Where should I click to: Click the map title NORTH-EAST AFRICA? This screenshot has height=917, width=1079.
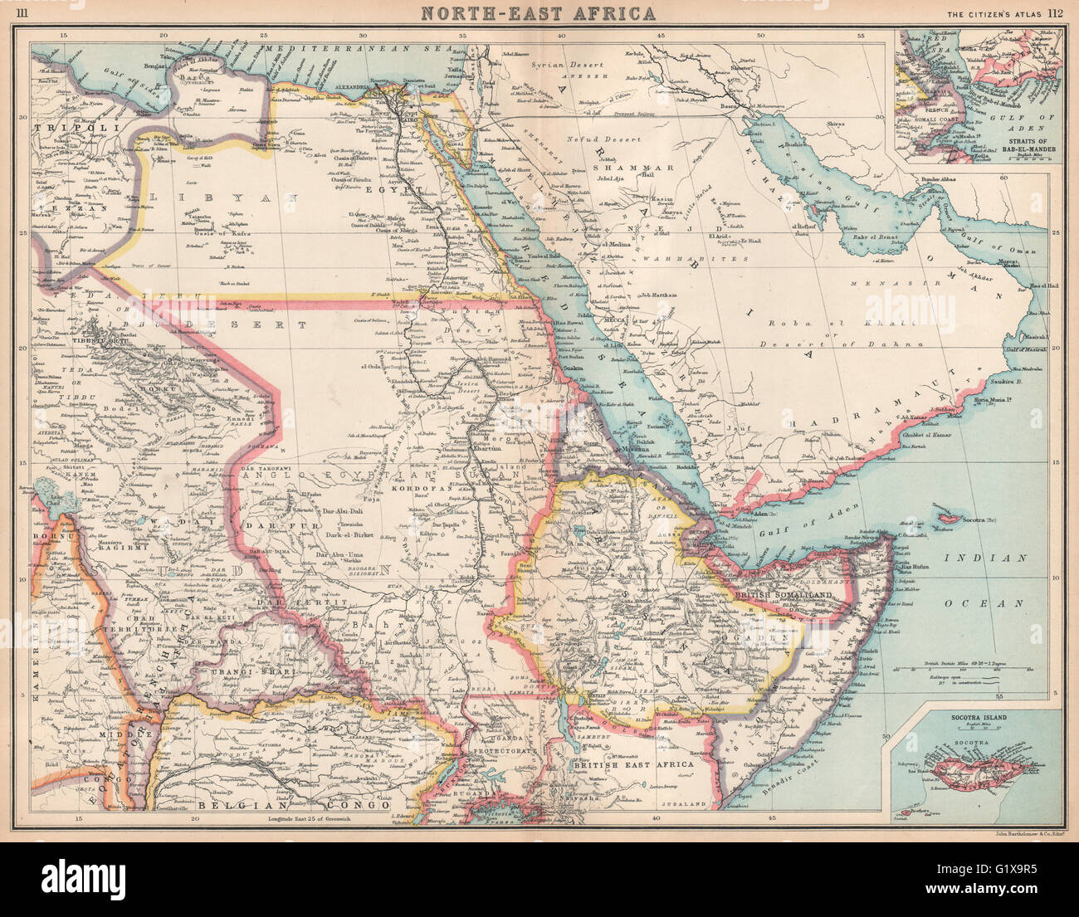coord(539,12)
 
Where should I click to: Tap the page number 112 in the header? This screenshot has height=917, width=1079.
coord(1056,12)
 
